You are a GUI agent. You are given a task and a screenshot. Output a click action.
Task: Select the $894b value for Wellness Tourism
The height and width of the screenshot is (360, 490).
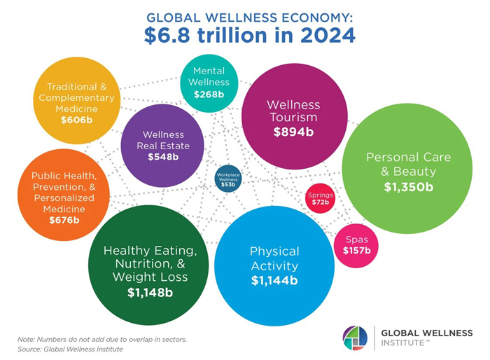[x=293, y=131]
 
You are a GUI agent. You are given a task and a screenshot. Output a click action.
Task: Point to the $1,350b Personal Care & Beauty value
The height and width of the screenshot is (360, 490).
[x=408, y=187]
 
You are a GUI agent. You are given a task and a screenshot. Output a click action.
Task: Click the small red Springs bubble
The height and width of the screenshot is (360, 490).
[x=320, y=198]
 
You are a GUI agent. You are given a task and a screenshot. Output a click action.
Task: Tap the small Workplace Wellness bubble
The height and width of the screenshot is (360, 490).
[x=228, y=179]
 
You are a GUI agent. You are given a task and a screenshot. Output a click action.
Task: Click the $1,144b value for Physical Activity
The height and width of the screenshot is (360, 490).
[x=274, y=280]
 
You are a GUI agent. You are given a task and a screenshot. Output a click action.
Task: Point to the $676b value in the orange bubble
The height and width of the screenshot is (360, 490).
[x=64, y=220]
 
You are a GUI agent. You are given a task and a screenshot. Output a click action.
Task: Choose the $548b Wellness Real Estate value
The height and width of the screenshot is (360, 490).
[x=163, y=156]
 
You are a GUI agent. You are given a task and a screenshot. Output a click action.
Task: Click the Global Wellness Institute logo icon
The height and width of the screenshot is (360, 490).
[x=355, y=337]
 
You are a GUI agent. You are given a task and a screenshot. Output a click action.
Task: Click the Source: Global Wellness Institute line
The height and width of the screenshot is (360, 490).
[x=70, y=349]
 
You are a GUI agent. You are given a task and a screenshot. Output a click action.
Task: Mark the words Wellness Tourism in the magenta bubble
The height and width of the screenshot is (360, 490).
[x=293, y=111]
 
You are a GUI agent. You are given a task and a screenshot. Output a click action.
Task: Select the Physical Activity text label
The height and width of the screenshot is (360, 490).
[x=274, y=258]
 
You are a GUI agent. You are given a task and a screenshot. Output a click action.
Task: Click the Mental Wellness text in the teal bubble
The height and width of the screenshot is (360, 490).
[x=208, y=76]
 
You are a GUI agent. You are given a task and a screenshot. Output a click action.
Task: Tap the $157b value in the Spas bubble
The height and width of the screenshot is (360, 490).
[x=356, y=250]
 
